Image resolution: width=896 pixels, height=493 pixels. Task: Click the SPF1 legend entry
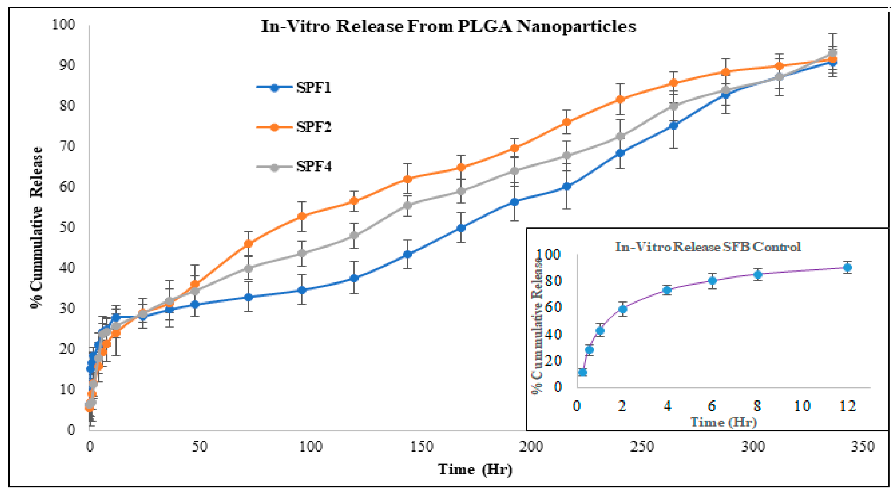click(x=294, y=88)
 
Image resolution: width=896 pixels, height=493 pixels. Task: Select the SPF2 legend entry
click(x=294, y=127)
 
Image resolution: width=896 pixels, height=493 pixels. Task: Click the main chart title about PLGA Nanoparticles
click(x=448, y=26)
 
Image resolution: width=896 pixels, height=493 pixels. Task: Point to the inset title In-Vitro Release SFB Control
click(x=708, y=247)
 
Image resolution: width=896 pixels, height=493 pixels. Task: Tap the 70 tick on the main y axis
click(x=67, y=146)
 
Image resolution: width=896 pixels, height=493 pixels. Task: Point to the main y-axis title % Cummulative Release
click(x=36, y=228)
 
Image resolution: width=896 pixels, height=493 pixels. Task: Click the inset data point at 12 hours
click(x=848, y=268)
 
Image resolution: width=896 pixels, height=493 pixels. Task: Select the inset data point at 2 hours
click(x=623, y=309)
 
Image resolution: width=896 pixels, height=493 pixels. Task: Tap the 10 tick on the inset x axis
click(x=802, y=406)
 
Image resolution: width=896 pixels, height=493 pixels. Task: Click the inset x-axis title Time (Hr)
click(x=723, y=422)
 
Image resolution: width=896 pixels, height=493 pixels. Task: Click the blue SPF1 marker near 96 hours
click(x=302, y=290)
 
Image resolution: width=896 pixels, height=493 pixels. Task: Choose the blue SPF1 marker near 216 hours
click(x=567, y=187)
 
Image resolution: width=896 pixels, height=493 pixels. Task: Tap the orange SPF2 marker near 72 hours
click(x=248, y=244)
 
